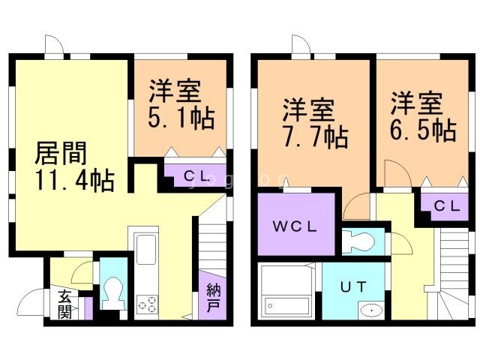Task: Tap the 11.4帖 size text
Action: pyautogui.click(x=73, y=181)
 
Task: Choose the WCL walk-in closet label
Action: pyautogui.click(x=295, y=225)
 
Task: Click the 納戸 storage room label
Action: pyautogui.click(x=214, y=298)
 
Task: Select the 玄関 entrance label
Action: pyautogui.click(x=65, y=304)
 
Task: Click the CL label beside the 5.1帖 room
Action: pyautogui.click(x=196, y=176)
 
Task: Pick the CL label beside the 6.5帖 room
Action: pyautogui.click(x=445, y=204)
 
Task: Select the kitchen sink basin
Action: pyautogui.click(x=145, y=247)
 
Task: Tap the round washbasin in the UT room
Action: pyautogui.click(x=369, y=310)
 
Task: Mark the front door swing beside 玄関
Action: pyautogui.click(x=31, y=304)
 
